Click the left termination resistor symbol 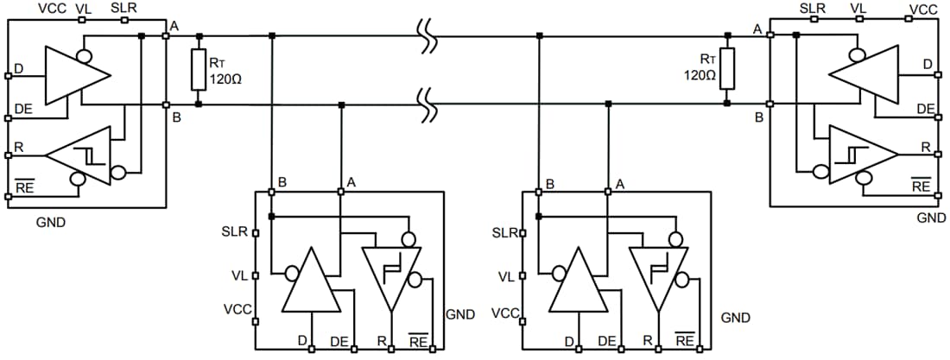pyautogui.click(x=199, y=70)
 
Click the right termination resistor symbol pyautogui.click(x=727, y=70)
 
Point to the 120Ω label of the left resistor pyautogui.click(x=224, y=76)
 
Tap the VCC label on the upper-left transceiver pyautogui.click(x=53, y=8)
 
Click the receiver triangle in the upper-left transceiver pyautogui.click(x=83, y=155)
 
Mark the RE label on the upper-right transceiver pyautogui.click(x=921, y=185)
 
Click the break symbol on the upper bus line pyautogui.click(x=426, y=36)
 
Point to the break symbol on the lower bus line pyautogui.click(x=426, y=104)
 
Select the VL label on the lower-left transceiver pyautogui.click(x=239, y=276)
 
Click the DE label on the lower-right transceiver pyautogui.click(x=607, y=341)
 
